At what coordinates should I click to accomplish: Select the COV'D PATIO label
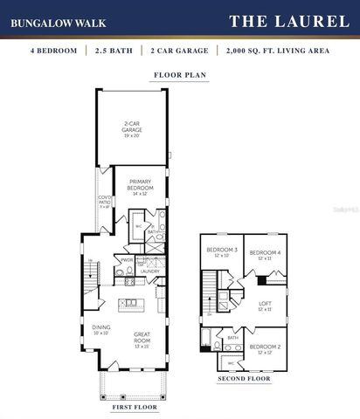click(104, 201)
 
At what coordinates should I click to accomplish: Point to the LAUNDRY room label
click(148, 271)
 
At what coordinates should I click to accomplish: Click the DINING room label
click(101, 330)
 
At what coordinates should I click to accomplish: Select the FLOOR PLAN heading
click(179, 75)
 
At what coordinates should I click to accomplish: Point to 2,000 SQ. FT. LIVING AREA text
click(277, 52)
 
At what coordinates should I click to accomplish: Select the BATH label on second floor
click(232, 337)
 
